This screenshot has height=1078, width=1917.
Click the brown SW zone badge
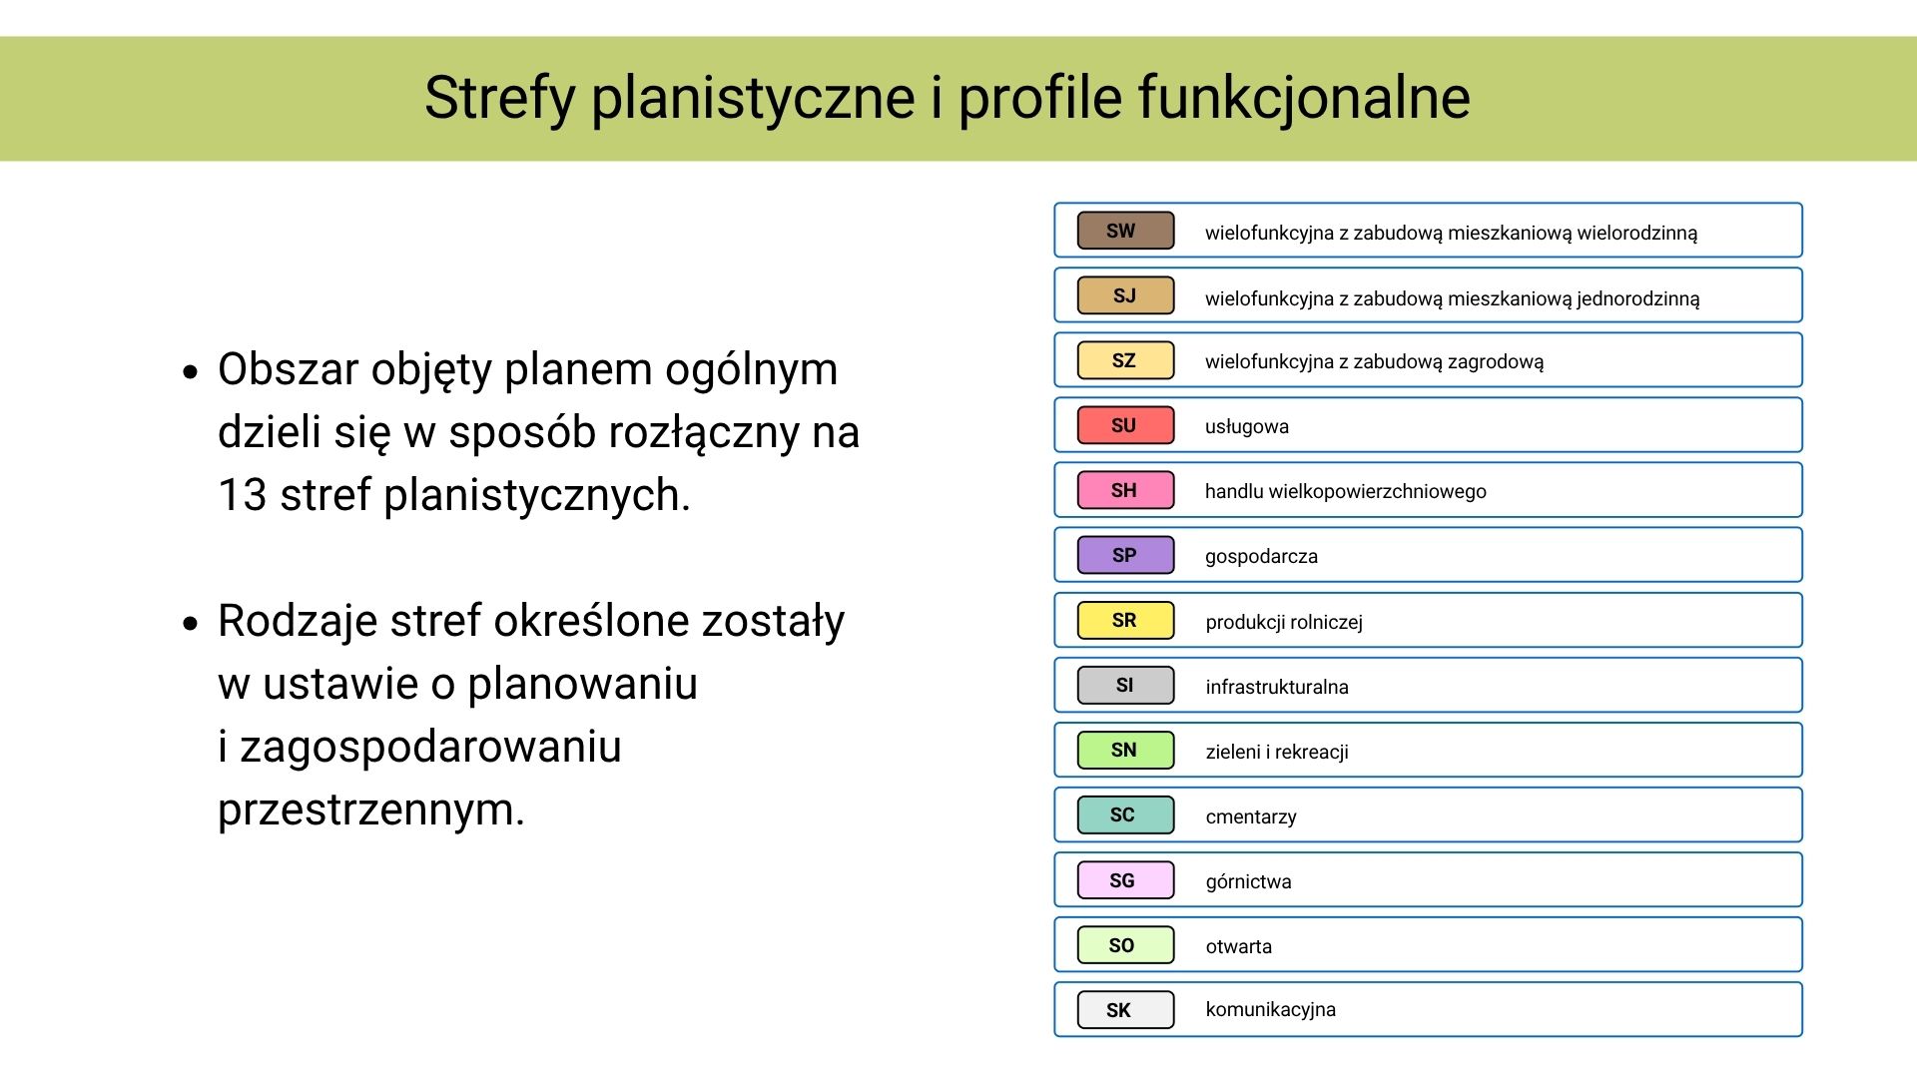coord(1125,231)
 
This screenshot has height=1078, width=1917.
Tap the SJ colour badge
coord(1125,295)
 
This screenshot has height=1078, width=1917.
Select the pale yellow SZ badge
coord(1125,360)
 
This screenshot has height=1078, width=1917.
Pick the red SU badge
coord(1125,425)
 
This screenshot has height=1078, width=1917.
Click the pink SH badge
coord(1125,490)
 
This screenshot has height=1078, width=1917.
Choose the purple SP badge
coord(1125,555)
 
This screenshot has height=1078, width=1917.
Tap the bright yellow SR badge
coord(1125,620)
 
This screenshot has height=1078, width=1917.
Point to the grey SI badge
coord(1125,685)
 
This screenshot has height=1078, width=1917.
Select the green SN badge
coord(1125,750)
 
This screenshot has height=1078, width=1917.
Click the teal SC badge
coord(1125,814)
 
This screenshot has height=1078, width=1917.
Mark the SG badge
coord(1125,880)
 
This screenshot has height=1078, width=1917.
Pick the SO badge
coord(1125,945)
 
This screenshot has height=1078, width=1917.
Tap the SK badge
coord(1125,1009)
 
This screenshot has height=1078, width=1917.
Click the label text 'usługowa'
coord(1247,427)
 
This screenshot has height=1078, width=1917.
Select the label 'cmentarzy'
coord(1251,817)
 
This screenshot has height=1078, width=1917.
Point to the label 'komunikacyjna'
coord(1271,1010)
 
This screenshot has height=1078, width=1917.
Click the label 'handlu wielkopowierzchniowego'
coord(1346,491)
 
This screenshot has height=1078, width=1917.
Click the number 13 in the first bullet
coord(243,495)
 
